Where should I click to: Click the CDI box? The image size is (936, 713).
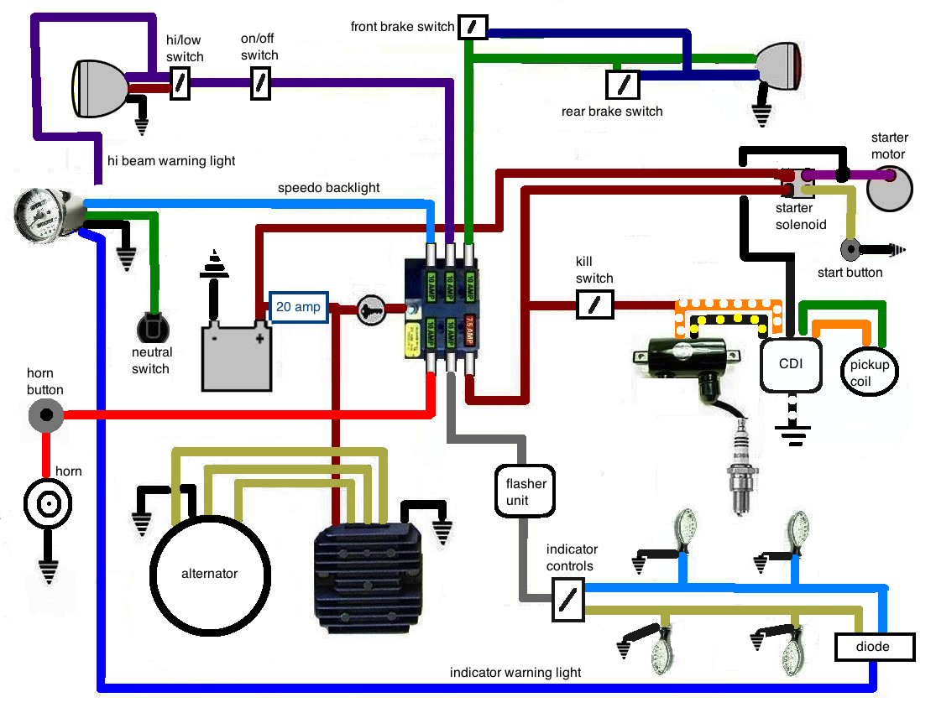[x=789, y=365]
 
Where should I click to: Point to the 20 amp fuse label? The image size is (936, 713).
[x=298, y=307]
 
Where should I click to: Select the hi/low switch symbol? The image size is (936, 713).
[x=180, y=85]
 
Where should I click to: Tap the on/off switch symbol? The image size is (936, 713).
[x=261, y=85]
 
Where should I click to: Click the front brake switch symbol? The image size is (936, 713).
[x=473, y=27]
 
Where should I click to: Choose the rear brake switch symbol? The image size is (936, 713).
[x=623, y=84]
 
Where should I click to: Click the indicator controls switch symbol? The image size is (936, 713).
[x=568, y=598]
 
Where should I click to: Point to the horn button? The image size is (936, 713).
[x=45, y=414]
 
